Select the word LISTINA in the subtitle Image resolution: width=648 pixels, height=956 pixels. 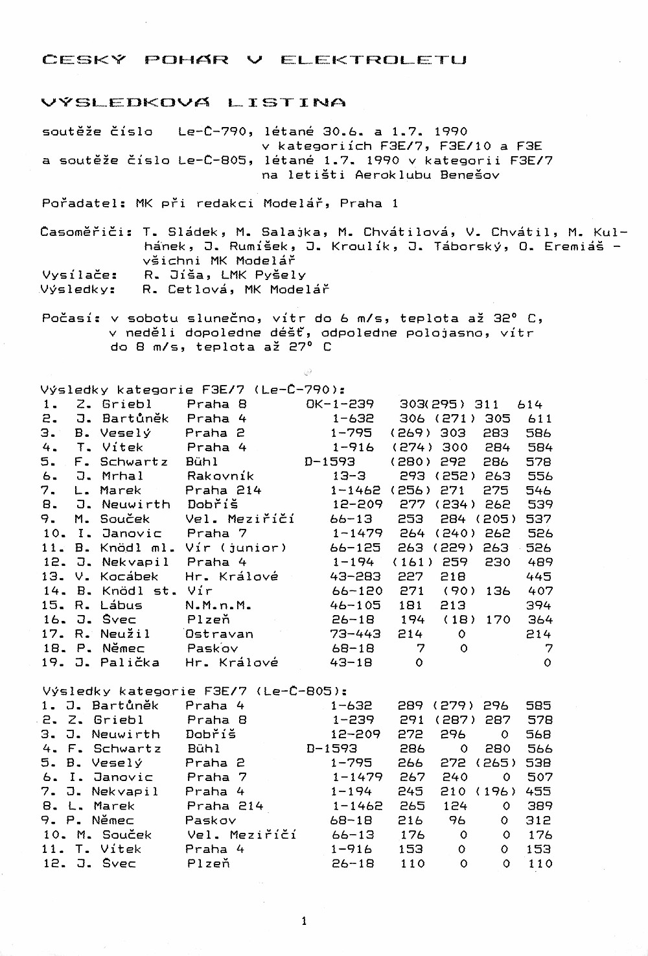click(x=286, y=102)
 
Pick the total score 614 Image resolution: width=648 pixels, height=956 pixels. click(x=530, y=404)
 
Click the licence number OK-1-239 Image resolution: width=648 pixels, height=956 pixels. click(x=340, y=404)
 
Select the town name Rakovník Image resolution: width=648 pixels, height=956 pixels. click(x=220, y=476)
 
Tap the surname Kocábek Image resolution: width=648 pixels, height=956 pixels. click(x=129, y=576)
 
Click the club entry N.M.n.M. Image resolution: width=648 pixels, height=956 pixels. click(x=219, y=605)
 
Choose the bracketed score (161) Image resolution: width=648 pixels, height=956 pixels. click(x=413, y=562)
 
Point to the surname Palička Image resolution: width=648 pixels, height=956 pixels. click(x=130, y=662)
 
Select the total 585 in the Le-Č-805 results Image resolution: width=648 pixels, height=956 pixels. click(x=539, y=705)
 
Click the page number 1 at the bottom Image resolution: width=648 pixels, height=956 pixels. click(x=304, y=921)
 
